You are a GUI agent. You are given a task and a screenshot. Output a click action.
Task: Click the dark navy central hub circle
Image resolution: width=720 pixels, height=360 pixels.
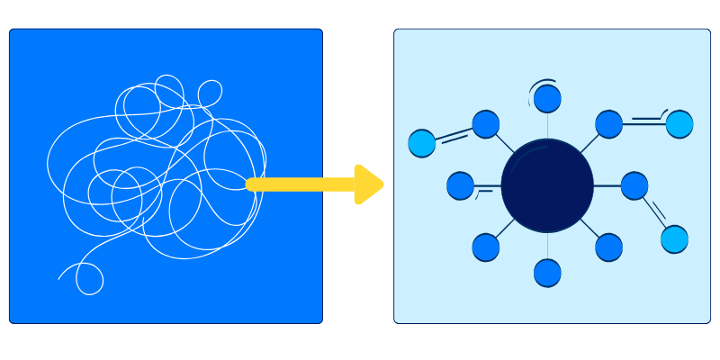click(x=547, y=185)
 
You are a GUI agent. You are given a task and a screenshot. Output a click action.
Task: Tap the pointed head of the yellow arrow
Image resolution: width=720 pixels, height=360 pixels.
click(x=369, y=184)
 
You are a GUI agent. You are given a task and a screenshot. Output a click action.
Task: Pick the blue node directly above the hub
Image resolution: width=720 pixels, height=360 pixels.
click(x=547, y=99)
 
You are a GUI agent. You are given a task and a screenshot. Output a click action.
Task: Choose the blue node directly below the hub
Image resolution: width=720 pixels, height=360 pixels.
click(x=547, y=273)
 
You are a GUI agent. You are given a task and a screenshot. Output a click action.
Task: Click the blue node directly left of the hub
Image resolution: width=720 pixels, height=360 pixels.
click(x=460, y=185)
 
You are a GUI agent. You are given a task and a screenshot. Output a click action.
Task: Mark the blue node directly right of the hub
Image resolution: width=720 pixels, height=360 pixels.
click(x=634, y=185)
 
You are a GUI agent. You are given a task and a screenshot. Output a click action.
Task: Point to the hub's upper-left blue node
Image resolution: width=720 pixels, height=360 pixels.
click(x=486, y=124)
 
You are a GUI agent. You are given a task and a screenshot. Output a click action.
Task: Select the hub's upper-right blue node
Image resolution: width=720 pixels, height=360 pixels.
click(x=608, y=124)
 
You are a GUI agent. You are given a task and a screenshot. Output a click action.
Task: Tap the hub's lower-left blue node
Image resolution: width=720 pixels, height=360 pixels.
click(x=486, y=247)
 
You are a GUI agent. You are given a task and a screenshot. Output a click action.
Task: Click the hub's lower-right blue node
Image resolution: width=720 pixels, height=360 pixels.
click(x=608, y=247)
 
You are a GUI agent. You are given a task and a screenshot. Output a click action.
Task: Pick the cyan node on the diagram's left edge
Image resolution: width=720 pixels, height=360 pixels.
click(x=421, y=143)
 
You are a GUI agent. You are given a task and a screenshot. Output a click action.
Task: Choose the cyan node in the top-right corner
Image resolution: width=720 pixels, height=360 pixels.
click(x=679, y=124)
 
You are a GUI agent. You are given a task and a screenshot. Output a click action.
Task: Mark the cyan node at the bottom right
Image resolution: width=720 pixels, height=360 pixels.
click(x=674, y=239)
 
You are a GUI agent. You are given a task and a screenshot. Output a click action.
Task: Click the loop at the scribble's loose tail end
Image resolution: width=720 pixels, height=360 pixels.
click(x=89, y=279)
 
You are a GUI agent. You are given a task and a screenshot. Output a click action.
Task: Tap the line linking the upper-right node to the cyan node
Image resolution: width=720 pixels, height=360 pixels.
click(x=643, y=124)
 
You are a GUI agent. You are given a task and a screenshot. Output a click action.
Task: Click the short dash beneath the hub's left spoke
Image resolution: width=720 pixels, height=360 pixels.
click(x=484, y=191)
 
